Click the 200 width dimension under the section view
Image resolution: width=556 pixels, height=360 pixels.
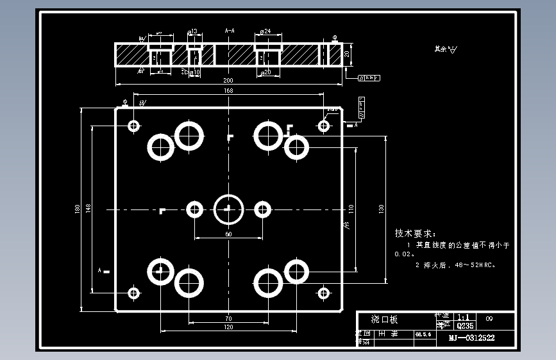click(228, 81)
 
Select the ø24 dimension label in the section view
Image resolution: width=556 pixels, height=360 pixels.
click(265, 31)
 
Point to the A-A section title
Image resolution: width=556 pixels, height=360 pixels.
click(230, 30)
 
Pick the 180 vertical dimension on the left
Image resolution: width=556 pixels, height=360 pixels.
click(78, 209)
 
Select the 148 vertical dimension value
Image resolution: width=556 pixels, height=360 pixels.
click(88, 208)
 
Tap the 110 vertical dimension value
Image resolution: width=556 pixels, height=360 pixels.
click(351, 208)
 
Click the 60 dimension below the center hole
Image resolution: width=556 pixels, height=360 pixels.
click(228, 234)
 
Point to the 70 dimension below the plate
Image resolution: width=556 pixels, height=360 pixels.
click(228, 318)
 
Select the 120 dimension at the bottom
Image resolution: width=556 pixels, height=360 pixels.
click(228, 327)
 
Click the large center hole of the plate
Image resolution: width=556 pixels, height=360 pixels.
click(228, 209)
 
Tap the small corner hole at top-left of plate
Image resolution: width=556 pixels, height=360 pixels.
click(134, 126)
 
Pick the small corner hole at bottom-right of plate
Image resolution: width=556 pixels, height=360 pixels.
click(324, 293)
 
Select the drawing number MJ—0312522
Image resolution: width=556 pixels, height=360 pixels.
click(471, 338)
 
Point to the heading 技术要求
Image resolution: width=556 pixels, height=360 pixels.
click(415, 233)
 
